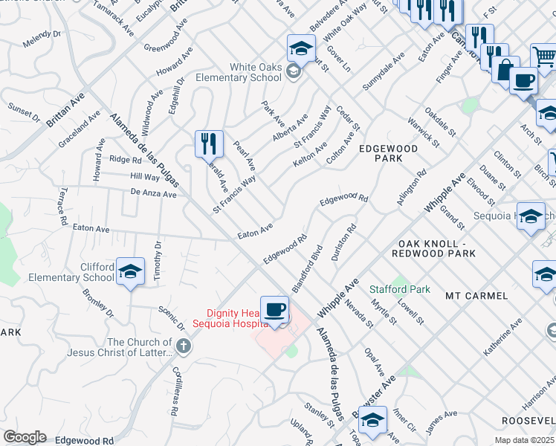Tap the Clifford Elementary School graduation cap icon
click(x=130, y=272)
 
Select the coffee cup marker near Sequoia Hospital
click(x=275, y=308)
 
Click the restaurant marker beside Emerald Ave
click(x=209, y=143)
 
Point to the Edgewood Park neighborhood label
click(x=389, y=154)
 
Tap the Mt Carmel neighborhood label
click(x=476, y=296)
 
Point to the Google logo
click(x=25, y=437)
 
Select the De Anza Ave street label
click(x=153, y=193)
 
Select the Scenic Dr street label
click(x=171, y=317)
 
